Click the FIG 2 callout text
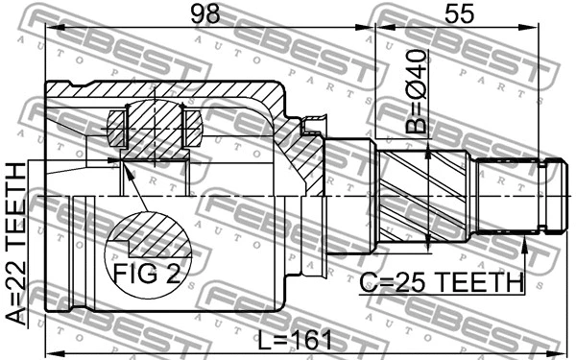coord(146,275)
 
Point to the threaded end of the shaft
coord(518,196)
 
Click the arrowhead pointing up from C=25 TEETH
coord(525,249)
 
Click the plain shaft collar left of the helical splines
coord(350,196)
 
